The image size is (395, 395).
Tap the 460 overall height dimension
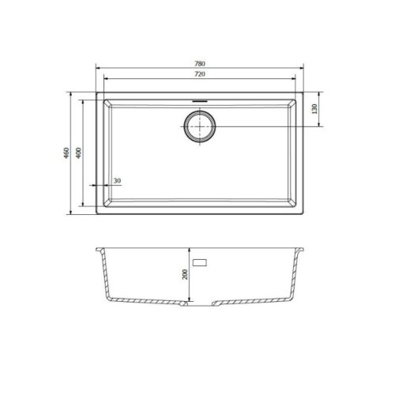point(67,152)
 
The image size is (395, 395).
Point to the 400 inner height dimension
point(79,152)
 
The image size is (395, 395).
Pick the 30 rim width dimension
point(117,181)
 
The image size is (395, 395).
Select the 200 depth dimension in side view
point(184,274)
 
